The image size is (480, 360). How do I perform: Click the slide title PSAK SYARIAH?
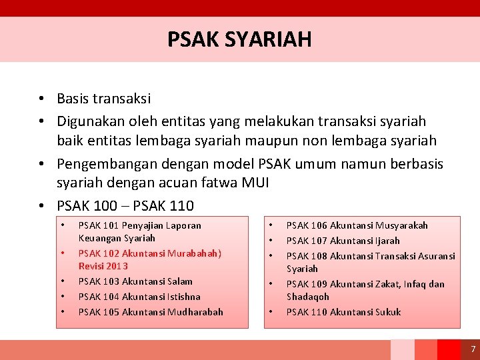[x=239, y=39]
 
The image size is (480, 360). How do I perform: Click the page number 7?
[x=473, y=349]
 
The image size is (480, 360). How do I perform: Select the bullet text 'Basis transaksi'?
[x=104, y=99]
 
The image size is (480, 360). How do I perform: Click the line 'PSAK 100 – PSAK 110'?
[x=125, y=205]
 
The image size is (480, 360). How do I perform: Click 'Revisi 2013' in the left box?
[x=103, y=266]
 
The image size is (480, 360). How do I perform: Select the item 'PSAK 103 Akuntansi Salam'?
[x=135, y=281]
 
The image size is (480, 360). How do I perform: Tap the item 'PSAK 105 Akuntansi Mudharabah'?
[x=151, y=312]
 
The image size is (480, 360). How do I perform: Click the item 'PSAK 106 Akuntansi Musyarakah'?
[x=357, y=225]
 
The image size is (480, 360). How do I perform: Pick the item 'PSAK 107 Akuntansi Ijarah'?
[x=343, y=241]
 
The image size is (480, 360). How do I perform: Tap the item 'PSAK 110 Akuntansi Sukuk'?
[x=343, y=312]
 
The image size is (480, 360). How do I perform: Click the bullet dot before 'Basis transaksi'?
[x=41, y=99]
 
